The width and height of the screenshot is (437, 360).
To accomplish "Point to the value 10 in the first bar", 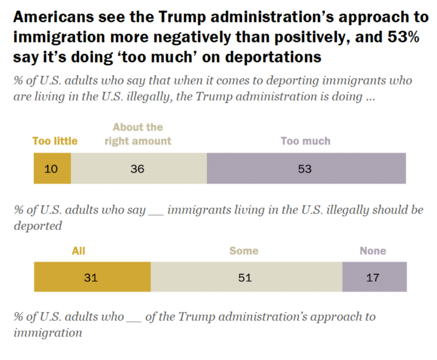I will (x=51, y=169).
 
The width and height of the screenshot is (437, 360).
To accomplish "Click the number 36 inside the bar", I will (x=137, y=169).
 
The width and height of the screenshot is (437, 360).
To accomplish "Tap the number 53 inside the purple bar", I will (x=304, y=169).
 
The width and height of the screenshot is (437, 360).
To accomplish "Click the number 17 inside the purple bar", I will (x=372, y=277).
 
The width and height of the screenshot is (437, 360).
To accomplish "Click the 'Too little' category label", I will (x=55, y=141).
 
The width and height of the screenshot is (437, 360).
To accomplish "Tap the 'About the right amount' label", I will (x=138, y=134).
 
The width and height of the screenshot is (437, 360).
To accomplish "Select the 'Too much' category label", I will (x=305, y=141).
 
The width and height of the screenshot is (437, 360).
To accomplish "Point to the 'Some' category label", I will (x=244, y=250).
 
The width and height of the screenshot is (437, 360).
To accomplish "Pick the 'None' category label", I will (x=373, y=250).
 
